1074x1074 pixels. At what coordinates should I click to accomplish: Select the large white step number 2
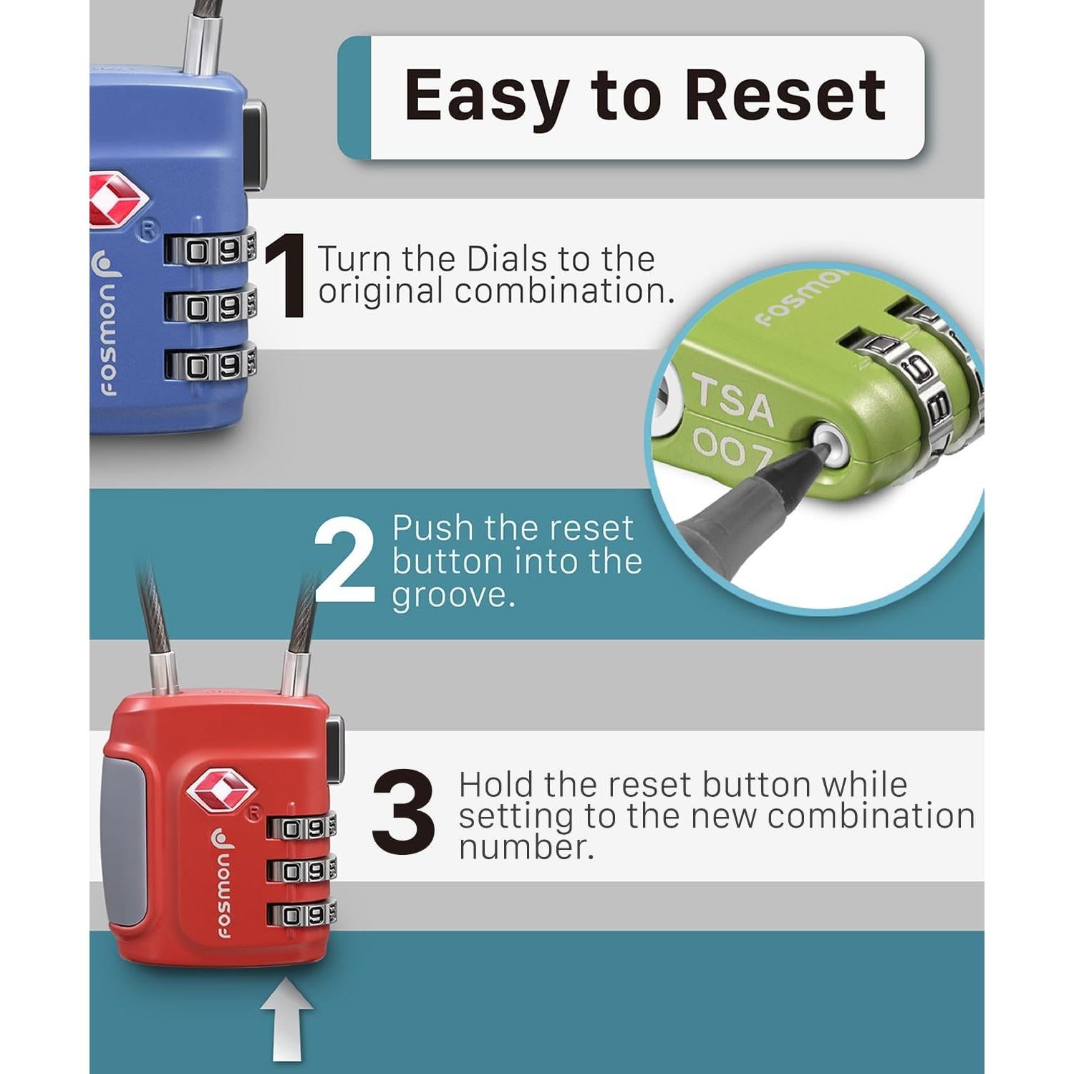[344, 561]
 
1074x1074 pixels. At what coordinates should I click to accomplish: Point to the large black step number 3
[404, 812]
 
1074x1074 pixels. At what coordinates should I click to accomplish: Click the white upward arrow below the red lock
[286, 1030]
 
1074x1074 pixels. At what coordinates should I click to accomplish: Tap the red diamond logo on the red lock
[221, 790]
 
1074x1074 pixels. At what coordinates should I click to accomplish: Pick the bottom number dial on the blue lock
[211, 365]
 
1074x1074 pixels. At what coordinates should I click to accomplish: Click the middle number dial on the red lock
[301, 871]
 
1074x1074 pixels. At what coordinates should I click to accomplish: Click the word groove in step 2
[454, 596]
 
